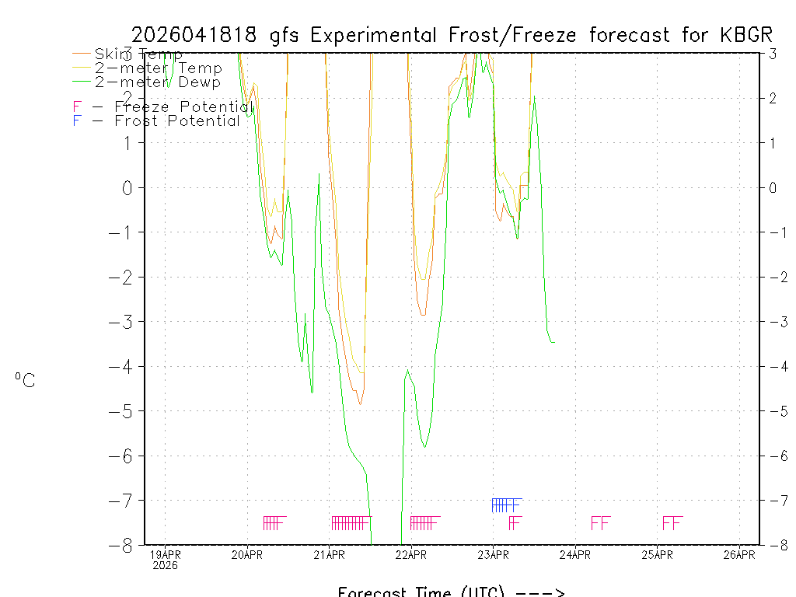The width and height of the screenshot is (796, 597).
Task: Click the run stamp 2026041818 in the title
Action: coord(197,35)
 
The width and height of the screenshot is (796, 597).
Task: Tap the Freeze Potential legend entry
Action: coord(162,106)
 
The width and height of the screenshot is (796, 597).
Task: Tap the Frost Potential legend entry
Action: coord(156,120)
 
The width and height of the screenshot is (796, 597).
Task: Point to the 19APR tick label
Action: coord(166,555)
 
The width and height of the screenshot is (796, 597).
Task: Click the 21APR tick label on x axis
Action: coord(330,555)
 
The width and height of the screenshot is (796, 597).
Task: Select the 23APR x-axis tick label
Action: coord(494,555)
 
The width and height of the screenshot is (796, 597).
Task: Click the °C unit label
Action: coord(24,380)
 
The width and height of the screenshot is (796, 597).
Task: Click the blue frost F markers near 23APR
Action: coord(506,505)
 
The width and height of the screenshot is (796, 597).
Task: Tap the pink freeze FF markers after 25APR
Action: coord(672,522)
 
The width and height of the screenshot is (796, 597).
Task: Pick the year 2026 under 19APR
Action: coord(166,566)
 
